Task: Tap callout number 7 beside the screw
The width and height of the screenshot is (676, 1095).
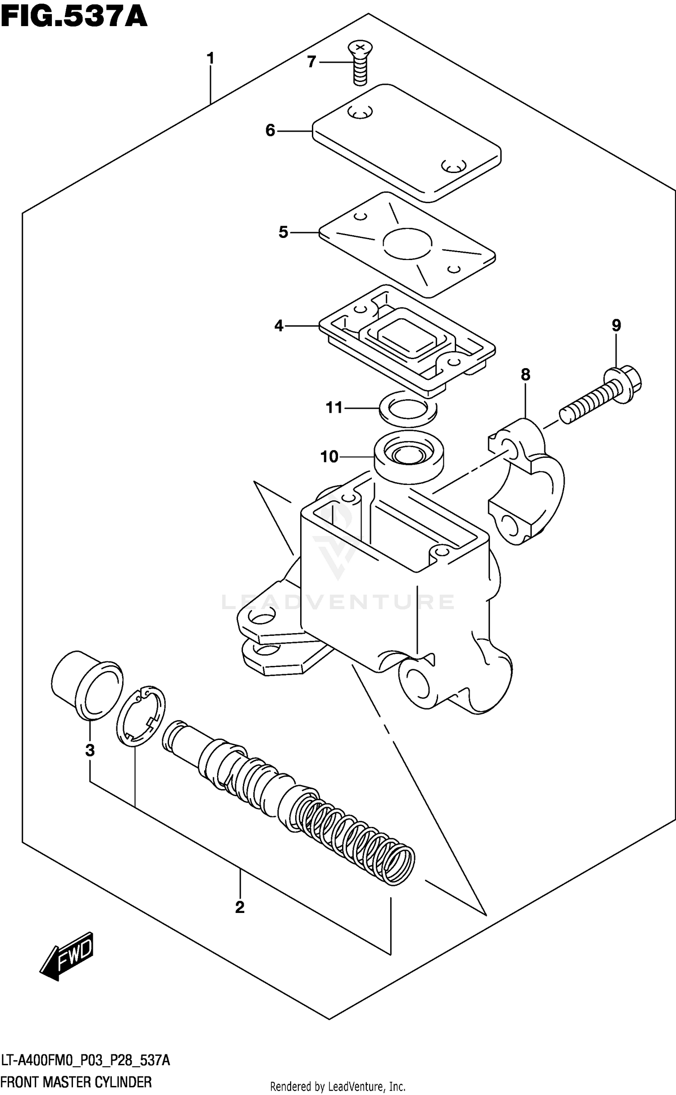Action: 311,62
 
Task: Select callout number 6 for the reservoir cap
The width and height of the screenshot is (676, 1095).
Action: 270,131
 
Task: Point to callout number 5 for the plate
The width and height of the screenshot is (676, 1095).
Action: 283,233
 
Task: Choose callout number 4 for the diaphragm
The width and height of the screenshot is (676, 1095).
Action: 279,325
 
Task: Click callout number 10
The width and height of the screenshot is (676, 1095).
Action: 329,457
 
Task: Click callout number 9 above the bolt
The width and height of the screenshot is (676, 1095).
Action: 616,325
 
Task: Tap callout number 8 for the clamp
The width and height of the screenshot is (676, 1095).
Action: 525,374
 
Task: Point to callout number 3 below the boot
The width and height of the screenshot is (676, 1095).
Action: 90,750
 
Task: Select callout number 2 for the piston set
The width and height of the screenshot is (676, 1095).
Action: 240,907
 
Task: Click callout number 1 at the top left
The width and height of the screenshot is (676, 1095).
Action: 210,59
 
